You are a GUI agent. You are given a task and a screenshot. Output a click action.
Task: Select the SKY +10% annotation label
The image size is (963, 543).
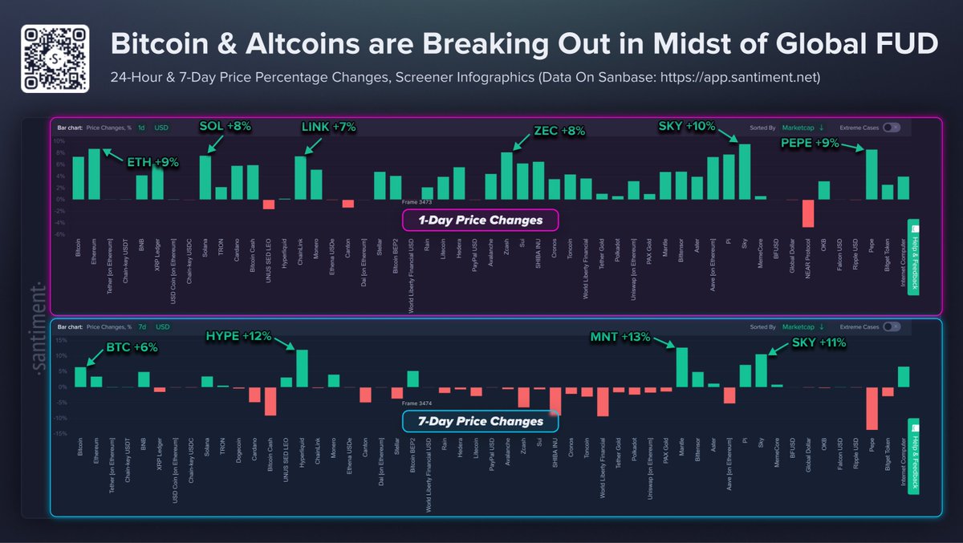pyautogui.click(x=687, y=127)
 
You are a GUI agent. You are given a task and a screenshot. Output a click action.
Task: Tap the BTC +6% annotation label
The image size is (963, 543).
pyautogui.click(x=132, y=347)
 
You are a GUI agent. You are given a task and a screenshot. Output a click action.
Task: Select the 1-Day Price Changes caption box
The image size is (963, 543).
pyautogui.click(x=479, y=220)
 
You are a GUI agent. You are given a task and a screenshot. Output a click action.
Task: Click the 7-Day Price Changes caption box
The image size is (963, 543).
pyautogui.click(x=480, y=421)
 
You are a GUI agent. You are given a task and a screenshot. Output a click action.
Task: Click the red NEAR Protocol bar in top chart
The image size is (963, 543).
pyautogui.click(x=808, y=213)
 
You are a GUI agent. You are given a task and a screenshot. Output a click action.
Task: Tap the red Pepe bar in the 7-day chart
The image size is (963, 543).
pyautogui.click(x=872, y=408)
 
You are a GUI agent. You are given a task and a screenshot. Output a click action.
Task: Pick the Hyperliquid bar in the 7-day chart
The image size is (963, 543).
pyautogui.click(x=303, y=368)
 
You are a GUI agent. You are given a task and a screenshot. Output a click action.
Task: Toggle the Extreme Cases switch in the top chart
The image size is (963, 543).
pyautogui.click(x=891, y=128)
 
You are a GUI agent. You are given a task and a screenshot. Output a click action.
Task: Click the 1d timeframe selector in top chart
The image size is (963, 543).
pyautogui.click(x=141, y=128)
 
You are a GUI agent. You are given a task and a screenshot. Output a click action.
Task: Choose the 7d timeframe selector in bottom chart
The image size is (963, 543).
pyautogui.click(x=141, y=327)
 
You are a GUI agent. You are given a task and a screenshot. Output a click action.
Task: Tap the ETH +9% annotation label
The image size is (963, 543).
pyautogui.click(x=152, y=162)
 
